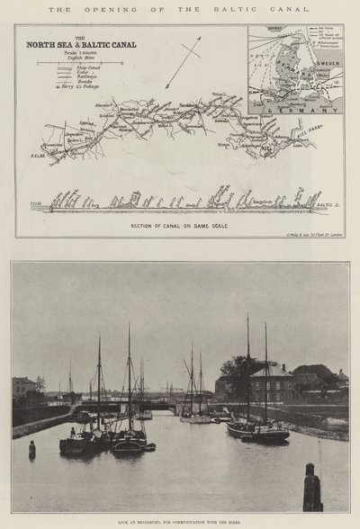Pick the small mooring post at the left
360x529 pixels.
(x=32, y=450)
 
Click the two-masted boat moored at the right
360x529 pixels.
(x=257, y=430)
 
